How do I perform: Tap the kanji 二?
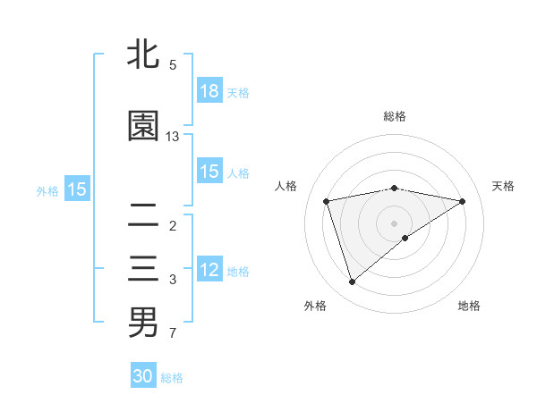tap(143, 214)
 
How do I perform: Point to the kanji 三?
tap(143, 269)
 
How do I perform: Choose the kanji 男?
tap(143, 322)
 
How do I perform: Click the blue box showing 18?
tap(209, 91)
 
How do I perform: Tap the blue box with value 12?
tap(209, 270)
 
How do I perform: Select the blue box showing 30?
tap(143, 376)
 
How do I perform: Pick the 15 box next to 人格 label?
tap(209, 172)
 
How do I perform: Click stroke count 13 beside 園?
tap(173, 137)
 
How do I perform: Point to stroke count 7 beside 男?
tap(173, 334)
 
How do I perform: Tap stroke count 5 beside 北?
tap(173, 65)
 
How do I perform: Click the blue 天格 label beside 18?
tap(238, 93)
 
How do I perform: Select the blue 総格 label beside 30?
tap(172, 378)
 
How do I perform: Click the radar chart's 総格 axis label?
tap(395, 116)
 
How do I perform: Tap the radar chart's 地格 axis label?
tap(469, 306)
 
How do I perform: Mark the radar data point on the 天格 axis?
tap(463, 201)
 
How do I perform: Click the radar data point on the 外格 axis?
tap(352, 282)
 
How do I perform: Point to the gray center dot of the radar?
tap(394, 223)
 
